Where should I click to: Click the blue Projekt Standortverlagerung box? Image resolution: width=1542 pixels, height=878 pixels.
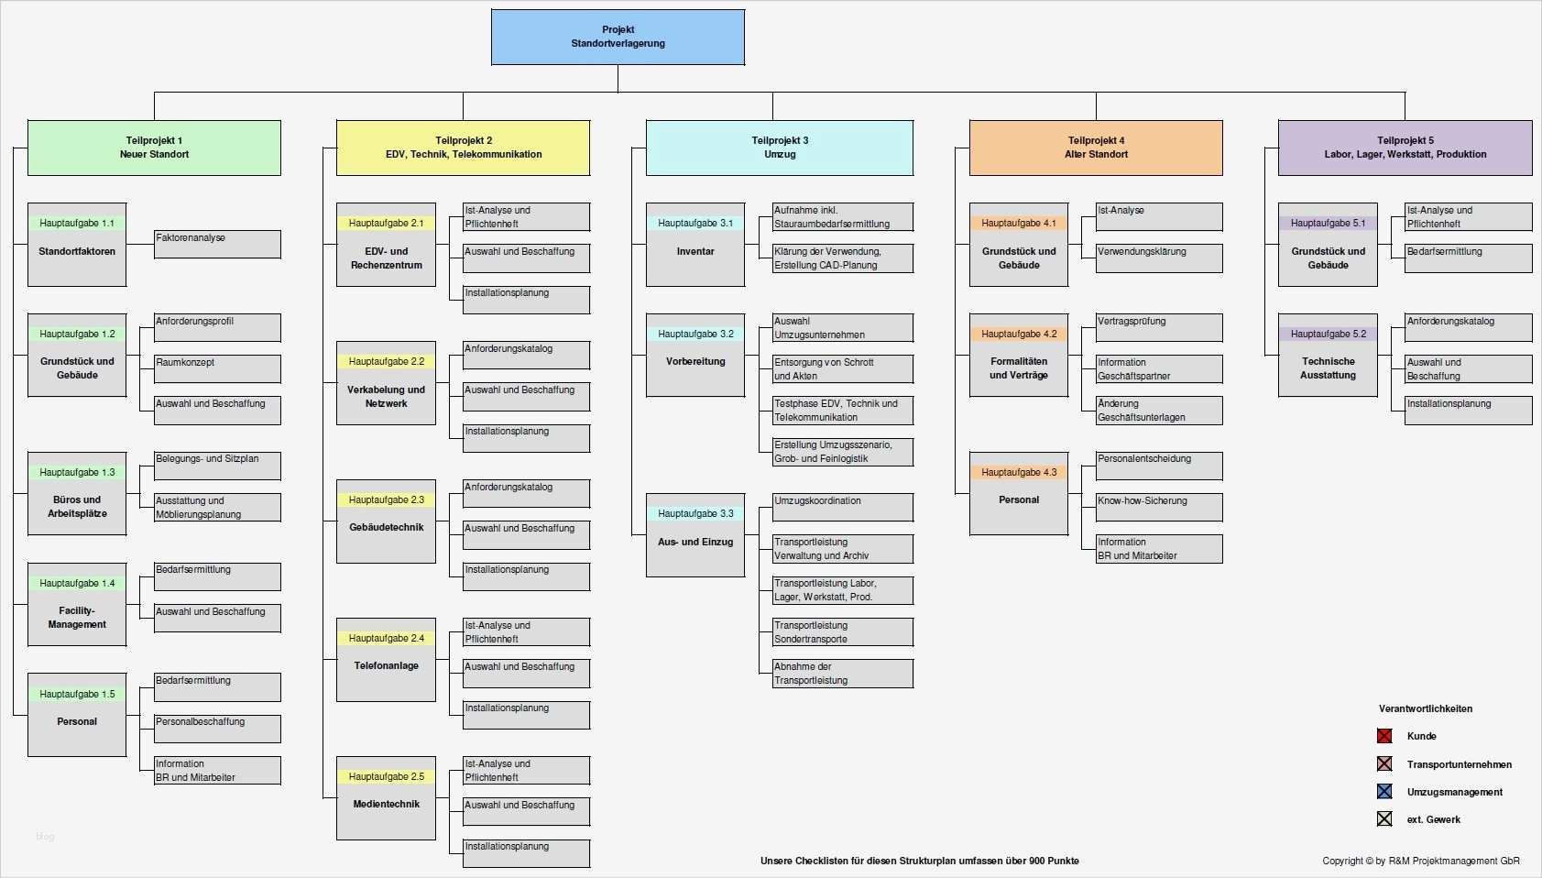pyautogui.click(x=618, y=37)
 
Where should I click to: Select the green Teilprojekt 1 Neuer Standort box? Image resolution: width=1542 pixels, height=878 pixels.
pyautogui.click(x=154, y=148)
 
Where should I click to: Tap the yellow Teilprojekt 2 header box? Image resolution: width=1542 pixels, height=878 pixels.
pyautogui.click(x=463, y=148)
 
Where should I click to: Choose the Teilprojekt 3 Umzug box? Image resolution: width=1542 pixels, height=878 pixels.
pyautogui.click(x=779, y=148)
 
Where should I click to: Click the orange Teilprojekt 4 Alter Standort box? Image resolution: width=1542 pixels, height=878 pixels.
pyautogui.click(x=1096, y=148)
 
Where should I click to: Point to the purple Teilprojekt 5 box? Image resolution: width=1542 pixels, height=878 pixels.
pyautogui.click(x=1405, y=148)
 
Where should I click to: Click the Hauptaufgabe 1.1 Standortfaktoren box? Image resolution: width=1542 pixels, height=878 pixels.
pyautogui.click(x=77, y=244)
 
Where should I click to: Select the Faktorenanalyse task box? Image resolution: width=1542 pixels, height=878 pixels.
pyautogui.click(x=217, y=244)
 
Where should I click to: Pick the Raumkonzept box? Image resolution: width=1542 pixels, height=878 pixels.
pyautogui.click(x=217, y=368)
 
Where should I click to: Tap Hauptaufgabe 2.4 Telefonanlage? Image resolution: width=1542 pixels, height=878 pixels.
pyautogui.click(x=386, y=659)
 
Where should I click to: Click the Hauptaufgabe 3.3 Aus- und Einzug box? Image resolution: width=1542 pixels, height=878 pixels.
pyautogui.click(x=695, y=535)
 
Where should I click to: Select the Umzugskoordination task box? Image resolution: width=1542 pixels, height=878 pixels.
pyautogui.click(x=842, y=507)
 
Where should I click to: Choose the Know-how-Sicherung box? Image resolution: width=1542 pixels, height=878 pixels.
pyautogui.click(x=1159, y=507)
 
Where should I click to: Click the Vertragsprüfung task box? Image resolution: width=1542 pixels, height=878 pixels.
pyautogui.click(x=1159, y=327)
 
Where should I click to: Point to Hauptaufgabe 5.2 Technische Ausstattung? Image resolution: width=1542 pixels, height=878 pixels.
pyautogui.click(x=1328, y=355)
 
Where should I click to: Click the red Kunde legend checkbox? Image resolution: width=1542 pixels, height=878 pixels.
pyautogui.click(x=1384, y=736)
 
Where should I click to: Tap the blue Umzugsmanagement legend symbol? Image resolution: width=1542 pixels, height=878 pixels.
pyautogui.click(x=1384, y=792)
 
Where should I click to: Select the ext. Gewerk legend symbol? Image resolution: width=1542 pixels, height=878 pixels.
pyautogui.click(x=1384, y=819)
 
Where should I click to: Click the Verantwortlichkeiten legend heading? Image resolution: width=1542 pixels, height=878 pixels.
pyautogui.click(x=1426, y=708)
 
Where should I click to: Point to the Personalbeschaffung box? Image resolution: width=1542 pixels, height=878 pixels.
pyautogui.click(x=217, y=728)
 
